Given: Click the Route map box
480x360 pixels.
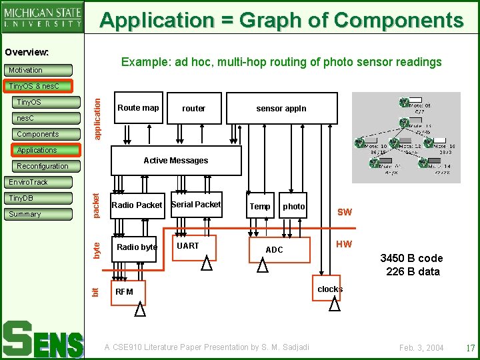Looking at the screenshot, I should tap(138, 108).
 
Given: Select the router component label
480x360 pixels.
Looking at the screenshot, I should tap(193, 109).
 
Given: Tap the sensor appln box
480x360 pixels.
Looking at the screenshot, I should tap(281, 109).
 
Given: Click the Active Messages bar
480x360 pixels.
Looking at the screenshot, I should tap(175, 161).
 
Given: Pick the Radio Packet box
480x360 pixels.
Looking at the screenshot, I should tap(137, 205).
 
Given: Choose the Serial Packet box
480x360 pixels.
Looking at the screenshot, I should tap(196, 205).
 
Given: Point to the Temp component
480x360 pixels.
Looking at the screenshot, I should tap(260, 207).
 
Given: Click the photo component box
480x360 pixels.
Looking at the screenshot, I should tap(293, 207).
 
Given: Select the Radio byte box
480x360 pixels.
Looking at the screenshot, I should tap(136, 247).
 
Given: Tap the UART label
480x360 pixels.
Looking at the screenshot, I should tap(188, 246).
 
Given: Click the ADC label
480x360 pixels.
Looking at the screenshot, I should tap(275, 250).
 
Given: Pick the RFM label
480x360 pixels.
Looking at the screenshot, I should tap(125, 292).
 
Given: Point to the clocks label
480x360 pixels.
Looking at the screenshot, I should tap(330, 289).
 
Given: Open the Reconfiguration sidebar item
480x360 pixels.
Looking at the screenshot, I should tap(43, 166).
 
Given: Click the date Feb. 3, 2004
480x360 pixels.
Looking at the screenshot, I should tap(421, 348).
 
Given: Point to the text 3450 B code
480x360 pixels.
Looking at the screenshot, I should tap(411, 259).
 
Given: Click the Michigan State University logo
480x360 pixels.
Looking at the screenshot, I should tap(43, 17).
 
